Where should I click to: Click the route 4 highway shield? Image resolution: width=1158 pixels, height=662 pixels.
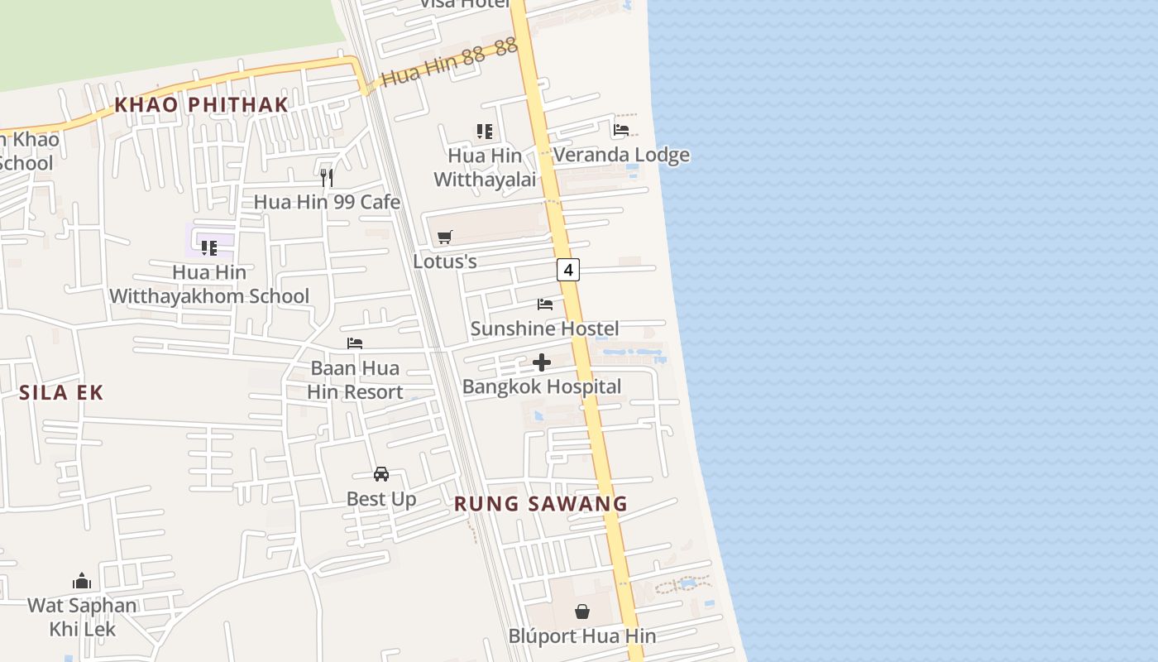[567, 269]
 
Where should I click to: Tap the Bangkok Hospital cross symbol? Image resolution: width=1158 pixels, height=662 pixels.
[542, 362]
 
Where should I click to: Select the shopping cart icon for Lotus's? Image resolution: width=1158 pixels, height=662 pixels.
[445, 237]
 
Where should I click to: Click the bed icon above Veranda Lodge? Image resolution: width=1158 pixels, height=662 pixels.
[621, 130]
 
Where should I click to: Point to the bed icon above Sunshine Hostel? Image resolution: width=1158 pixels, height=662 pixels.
[545, 305]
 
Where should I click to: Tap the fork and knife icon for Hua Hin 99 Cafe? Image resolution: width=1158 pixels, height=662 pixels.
[327, 177]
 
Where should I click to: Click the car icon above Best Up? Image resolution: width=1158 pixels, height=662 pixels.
[381, 474]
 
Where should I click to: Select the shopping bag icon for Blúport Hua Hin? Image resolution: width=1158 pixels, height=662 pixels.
[582, 612]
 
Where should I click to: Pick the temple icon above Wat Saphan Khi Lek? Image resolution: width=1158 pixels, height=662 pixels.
[82, 581]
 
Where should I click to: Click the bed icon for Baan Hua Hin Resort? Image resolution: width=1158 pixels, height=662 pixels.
[355, 343]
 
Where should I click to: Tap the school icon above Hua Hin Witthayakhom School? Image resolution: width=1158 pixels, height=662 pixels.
[209, 247]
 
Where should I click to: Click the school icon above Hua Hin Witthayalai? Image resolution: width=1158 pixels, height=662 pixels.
[485, 131]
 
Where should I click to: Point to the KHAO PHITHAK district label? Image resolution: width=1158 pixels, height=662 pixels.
[201, 104]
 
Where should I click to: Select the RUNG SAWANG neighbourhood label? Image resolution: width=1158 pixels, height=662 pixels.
[541, 503]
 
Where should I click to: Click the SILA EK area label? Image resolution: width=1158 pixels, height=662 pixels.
[61, 392]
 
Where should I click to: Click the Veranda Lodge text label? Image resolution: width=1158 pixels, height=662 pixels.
[621, 155]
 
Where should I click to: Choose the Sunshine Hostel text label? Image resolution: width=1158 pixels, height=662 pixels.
[544, 329]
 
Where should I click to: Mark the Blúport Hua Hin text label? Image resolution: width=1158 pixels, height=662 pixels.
[582, 636]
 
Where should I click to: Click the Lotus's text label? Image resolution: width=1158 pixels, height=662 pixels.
[445, 261]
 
